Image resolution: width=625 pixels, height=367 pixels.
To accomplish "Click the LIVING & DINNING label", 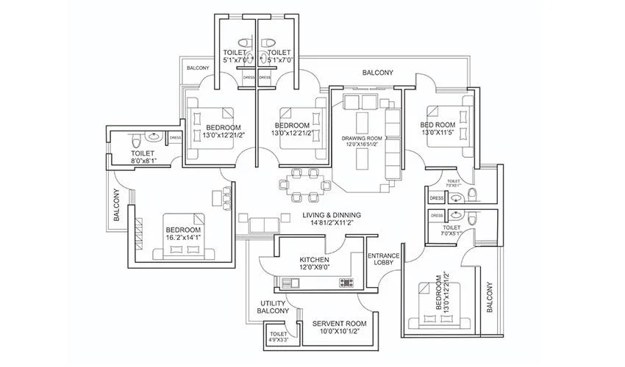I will click(x=328, y=214).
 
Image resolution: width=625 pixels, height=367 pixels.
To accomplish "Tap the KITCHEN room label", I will click(x=313, y=261).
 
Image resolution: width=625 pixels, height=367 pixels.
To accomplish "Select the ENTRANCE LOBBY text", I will click(x=383, y=260).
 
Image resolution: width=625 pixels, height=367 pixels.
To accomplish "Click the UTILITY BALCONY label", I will click(x=273, y=308).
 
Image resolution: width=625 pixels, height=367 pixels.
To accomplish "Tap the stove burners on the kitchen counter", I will click(x=346, y=283).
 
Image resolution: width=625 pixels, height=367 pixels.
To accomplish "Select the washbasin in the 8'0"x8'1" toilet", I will click(x=154, y=137).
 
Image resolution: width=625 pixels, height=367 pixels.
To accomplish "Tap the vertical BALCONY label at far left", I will click(x=116, y=205).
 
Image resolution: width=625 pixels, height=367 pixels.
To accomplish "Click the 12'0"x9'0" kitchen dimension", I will click(x=314, y=269).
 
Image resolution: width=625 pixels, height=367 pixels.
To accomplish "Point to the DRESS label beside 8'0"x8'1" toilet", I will click(x=176, y=137).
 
